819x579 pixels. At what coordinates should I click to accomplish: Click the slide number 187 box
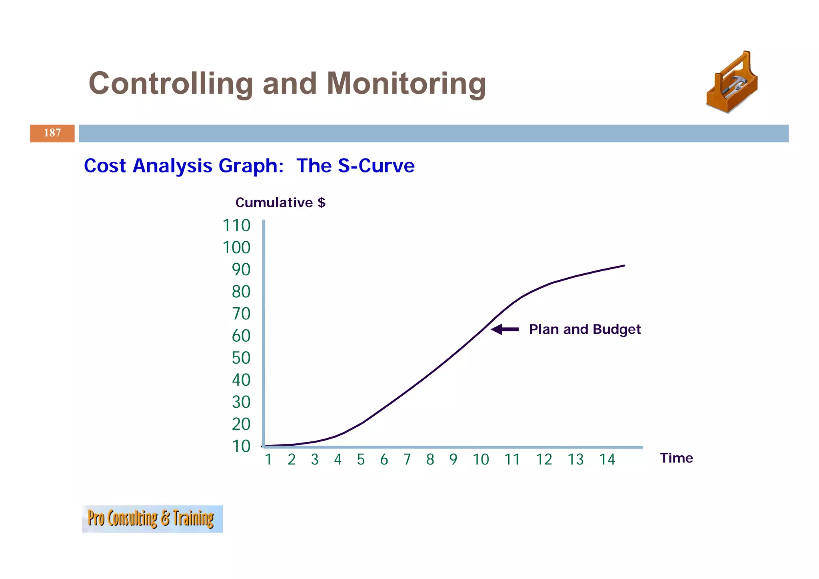52,133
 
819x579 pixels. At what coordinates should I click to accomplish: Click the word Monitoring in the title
406,84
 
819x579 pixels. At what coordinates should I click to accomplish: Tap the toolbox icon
731,83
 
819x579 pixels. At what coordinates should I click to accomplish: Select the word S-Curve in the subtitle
376,166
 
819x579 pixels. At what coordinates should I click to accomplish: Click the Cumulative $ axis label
280,202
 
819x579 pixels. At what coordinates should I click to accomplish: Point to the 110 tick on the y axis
236,226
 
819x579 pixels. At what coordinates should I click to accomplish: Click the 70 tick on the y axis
241,314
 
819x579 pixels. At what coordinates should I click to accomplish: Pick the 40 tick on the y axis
241,380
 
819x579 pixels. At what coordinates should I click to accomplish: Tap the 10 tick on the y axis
241,446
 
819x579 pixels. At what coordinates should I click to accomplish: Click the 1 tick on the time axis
268,459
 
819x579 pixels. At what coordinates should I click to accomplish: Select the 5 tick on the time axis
361,459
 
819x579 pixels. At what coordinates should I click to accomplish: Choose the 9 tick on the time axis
453,459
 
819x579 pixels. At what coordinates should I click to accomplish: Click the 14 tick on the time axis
607,459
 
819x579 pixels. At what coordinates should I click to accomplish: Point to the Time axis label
676,458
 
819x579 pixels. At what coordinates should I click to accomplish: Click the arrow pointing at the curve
505,329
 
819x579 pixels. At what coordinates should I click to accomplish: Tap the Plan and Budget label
585,329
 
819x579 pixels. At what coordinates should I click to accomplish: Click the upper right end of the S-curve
623,266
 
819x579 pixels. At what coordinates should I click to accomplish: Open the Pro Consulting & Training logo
152,519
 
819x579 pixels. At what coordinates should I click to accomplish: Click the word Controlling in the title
171,84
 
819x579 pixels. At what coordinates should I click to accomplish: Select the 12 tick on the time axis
544,459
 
